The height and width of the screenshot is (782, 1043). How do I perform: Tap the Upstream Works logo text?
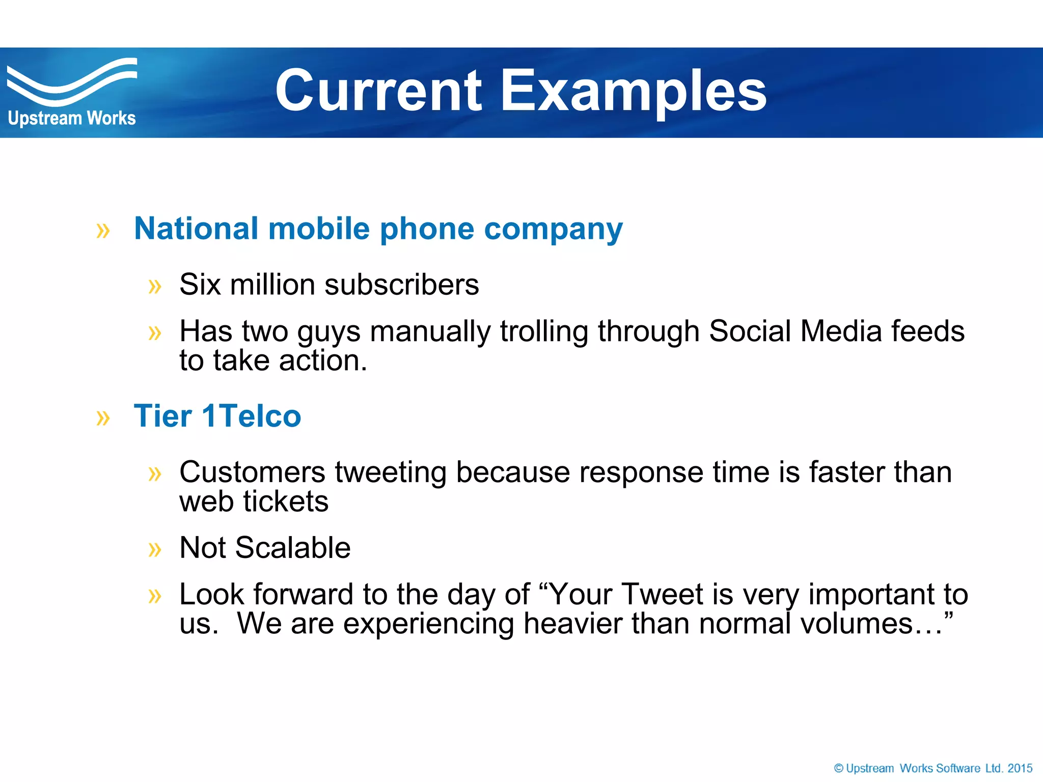72,118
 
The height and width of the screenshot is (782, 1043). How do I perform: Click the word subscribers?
401,284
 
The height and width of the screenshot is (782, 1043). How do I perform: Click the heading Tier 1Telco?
217,416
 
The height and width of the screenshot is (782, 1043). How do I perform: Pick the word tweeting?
391,472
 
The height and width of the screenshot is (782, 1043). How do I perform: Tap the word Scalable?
292,548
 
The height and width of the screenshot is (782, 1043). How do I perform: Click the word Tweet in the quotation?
662,594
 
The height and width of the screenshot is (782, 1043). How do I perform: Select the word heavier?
572,624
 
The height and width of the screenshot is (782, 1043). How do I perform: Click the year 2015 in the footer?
1020,768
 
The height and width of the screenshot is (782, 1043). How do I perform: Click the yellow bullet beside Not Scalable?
154,549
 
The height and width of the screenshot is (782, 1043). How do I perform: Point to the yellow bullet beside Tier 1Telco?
103,418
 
